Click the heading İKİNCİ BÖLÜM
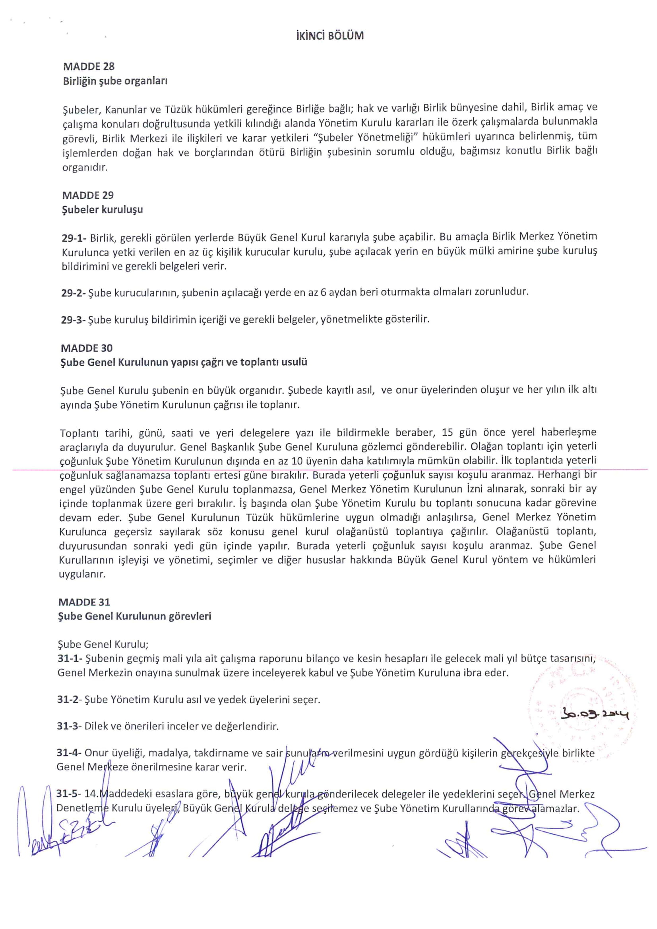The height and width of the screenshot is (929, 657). [x=330, y=36]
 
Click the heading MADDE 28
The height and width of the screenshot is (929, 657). [x=89, y=66]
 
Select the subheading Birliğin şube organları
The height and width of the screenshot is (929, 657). [x=115, y=81]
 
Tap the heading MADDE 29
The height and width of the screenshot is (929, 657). [x=88, y=195]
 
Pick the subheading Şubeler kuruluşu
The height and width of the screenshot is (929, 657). [x=103, y=209]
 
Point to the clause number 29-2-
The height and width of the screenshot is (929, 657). [x=73, y=293]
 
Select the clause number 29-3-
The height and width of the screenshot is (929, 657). [x=73, y=320]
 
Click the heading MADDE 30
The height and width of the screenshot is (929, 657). [x=87, y=348]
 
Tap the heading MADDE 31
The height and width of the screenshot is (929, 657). [x=84, y=602]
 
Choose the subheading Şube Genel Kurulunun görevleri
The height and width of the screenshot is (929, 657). [x=134, y=616]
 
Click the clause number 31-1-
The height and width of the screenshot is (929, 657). [x=70, y=659]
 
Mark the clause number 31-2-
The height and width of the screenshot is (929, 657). [x=69, y=700]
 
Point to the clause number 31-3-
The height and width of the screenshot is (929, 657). [x=69, y=726]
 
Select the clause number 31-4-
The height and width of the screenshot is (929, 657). [x=69, y=753]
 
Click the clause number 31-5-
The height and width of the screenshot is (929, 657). [x=68, y=794]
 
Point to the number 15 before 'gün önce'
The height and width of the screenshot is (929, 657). [x=448, y=432]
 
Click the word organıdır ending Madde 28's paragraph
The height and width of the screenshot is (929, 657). [x=85, y=167]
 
